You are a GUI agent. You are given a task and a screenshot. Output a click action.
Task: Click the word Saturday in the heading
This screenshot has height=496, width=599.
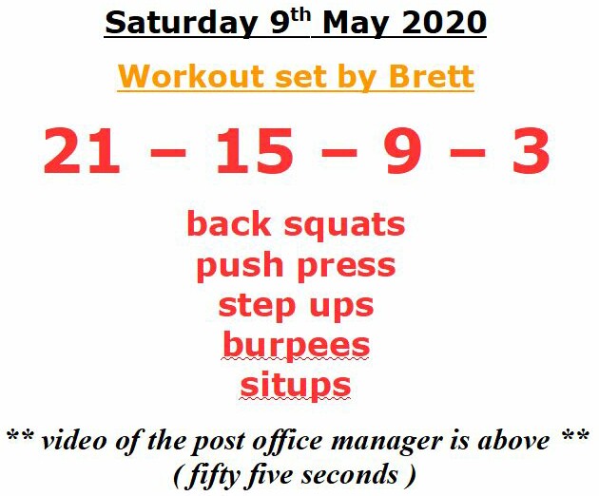point(181,23)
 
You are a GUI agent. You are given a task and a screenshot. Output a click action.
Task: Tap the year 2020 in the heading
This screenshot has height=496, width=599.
point(444,23)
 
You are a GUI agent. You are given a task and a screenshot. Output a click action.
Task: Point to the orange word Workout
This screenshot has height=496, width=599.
point(190,76)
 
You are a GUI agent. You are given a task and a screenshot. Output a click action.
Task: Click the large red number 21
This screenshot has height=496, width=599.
point(82,150)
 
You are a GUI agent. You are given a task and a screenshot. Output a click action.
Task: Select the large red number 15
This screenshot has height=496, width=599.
point(255,150)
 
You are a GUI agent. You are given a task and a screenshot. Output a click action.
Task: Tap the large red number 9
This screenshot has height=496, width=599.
point(403,150)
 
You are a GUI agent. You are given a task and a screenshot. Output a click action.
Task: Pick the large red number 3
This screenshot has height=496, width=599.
point(531,150)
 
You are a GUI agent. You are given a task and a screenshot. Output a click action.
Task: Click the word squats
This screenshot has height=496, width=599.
point(344,225)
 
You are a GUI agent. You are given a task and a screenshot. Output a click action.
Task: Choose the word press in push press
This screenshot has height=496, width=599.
point(346,267)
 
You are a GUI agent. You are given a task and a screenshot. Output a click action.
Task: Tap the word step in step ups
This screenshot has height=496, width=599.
point(257,307)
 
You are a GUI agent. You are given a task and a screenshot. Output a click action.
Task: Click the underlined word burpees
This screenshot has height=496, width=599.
point(296,345)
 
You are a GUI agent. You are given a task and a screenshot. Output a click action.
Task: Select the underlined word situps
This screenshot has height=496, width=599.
point(296,385)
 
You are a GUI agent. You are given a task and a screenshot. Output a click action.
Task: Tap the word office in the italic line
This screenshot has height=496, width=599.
point(288,442)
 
